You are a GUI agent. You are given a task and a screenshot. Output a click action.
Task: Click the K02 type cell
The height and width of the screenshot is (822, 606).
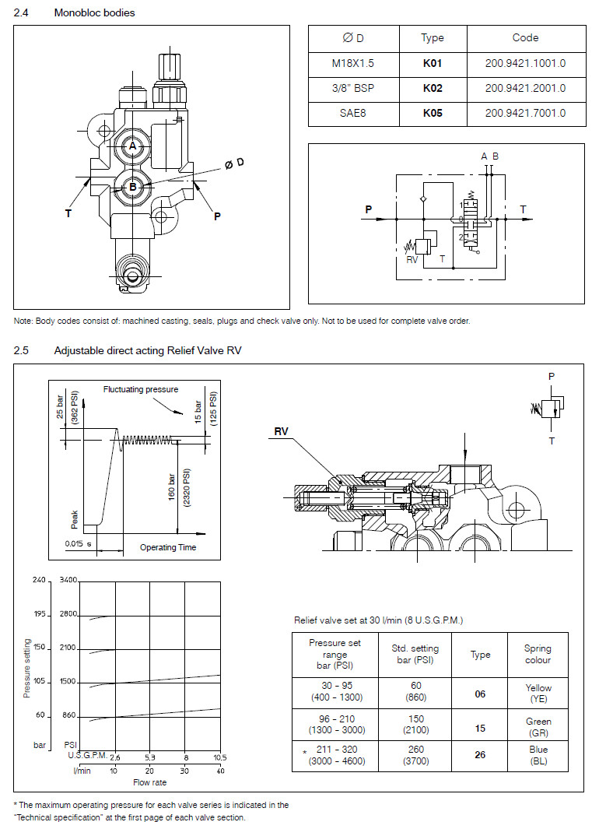point(433,88)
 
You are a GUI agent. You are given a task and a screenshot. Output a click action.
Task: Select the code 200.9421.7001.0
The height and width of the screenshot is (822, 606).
point(525,113)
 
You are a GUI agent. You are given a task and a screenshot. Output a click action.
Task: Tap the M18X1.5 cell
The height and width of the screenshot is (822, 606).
point(353,63)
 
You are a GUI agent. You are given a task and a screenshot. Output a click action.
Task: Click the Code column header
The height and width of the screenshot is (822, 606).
point(525,37)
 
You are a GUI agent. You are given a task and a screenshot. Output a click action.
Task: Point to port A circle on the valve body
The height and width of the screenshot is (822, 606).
point(133,146)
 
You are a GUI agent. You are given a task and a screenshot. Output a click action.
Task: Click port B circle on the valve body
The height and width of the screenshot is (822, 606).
point(133,186)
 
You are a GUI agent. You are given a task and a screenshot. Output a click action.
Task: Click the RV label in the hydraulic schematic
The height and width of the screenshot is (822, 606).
point(413,260)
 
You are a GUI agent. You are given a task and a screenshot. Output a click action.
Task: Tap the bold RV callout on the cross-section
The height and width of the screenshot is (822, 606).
point(281,430)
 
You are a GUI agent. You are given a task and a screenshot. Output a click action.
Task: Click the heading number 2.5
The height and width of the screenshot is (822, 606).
point(21,350)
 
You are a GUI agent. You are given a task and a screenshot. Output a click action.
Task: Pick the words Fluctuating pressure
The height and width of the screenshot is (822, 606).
point(141,389)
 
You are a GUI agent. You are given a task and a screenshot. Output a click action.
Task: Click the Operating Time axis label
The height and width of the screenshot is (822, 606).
point(168,547)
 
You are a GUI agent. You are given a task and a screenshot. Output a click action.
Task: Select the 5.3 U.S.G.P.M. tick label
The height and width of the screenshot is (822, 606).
point(149,757)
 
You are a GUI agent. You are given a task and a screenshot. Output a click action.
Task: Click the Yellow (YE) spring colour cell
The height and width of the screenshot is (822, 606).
point(538,693)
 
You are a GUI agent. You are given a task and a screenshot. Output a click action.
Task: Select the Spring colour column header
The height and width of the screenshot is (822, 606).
point(538,654)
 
